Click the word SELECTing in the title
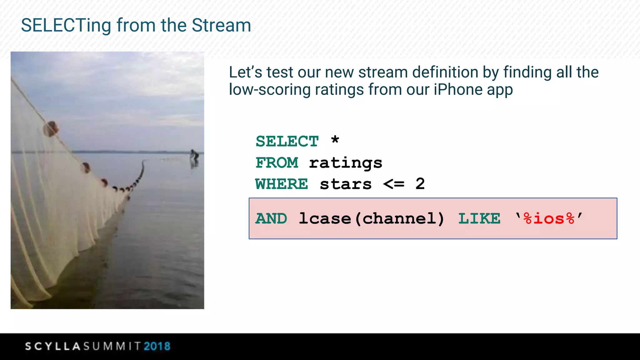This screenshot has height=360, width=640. (66, 26)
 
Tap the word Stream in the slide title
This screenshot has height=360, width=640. (221, 26)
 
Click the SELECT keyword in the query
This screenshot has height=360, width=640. (287, 141)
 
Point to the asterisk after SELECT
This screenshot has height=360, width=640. (335, 140)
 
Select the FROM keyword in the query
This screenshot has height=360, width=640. (277, 162)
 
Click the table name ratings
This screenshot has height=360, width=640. (345, 163)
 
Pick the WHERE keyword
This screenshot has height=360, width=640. (282, 184)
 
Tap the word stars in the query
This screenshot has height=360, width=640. (346, 184)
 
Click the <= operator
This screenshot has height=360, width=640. (394, 184)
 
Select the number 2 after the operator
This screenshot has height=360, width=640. (420, 184)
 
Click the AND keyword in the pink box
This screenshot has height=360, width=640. (271, 218)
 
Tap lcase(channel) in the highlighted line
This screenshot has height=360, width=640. (371, 218)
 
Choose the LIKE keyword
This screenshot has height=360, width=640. (479, 218)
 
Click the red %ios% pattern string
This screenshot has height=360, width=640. (549, 218)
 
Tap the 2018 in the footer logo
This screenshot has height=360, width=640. (157, 346)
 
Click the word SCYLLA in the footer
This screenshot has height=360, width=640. (53, 346)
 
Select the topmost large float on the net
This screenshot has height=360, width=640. (51, 128)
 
